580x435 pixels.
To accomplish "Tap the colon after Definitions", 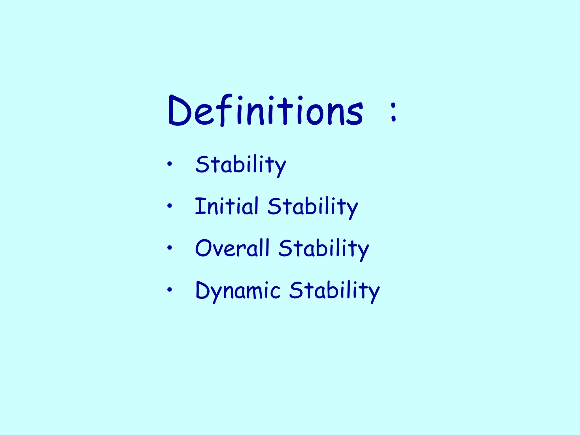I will (x=393, y=112).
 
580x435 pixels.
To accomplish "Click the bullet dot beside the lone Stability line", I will (x=169, y=164).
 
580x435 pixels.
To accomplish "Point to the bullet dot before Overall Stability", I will (x=169, y=248).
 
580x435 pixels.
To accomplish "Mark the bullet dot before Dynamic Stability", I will (x=169, y=289).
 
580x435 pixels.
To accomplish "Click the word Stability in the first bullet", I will (x=241, y=165).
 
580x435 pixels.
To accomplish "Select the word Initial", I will (x=227, y=206).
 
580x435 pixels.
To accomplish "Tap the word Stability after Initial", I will (x=313, y=207).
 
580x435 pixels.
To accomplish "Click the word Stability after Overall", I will (x=324, y=249).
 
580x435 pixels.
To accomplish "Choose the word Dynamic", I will (x=238, y=291).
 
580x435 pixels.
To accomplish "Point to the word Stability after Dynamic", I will (x=334, y=291).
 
